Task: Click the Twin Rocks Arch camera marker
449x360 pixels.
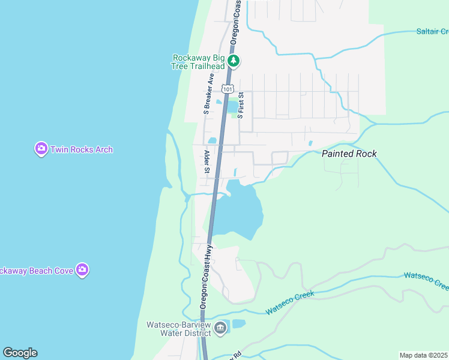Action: pyautogui.click(x=41, y=149)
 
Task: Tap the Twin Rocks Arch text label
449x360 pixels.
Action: pyautogui.click(x=82, y=149)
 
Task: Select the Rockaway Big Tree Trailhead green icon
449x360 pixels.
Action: pyautogui.click(x=234, y=61)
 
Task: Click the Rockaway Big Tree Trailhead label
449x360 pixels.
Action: pyautogui.click(x=198, y=62)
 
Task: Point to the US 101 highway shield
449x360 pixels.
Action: pyautogui.click(x=227, y=89)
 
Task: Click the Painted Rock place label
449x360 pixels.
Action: pyautogui.click(x=349, y=154)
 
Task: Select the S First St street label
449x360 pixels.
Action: pyautogui.click(x=241, y=104)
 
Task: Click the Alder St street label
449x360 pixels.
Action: pyautogui.click(x=206, y=162)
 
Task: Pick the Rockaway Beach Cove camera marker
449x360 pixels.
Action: pyautogui.click(x=82, y=270)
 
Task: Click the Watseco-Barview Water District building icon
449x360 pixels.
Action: pyautogui.click(x=220, y=328)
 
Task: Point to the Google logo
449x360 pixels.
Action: pyautogui.click(x=20, y=353)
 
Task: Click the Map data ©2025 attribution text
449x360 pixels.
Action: pyautogui.click(x=423, y=355)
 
